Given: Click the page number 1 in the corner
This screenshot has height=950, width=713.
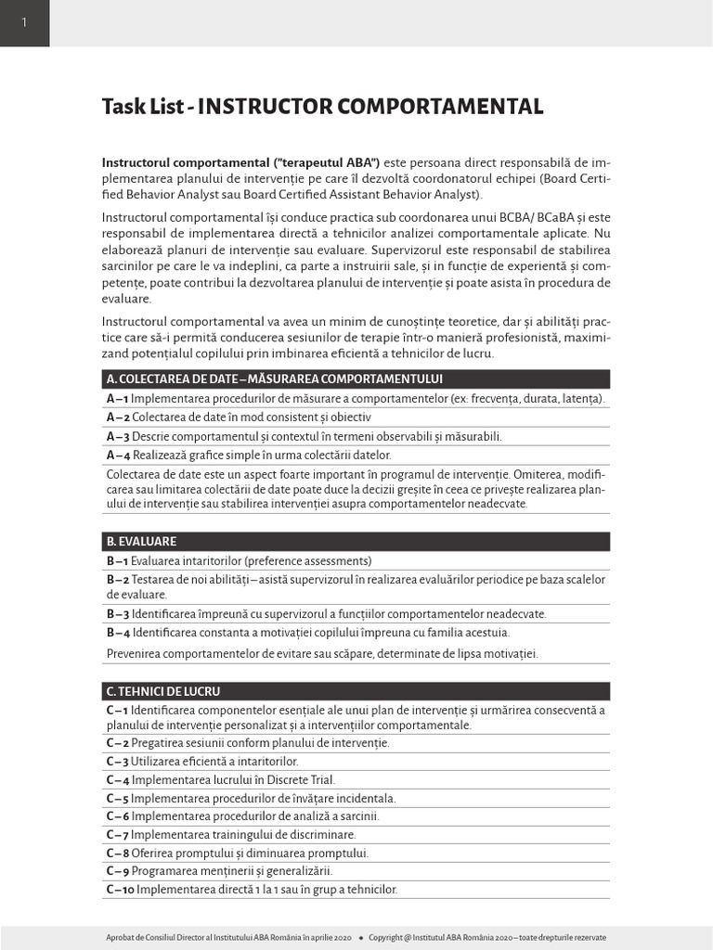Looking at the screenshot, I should (24, 23).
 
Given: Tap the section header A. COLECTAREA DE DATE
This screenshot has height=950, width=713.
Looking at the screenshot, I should (274, 379).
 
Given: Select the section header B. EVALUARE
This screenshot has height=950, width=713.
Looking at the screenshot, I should (141, 541).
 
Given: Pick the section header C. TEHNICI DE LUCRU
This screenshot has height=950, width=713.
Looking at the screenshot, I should (163, 691).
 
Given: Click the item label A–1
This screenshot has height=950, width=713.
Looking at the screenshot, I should (117, 398).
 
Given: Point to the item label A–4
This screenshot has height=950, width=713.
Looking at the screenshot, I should (118, 455).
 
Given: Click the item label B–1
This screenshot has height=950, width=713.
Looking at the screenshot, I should (117, 560).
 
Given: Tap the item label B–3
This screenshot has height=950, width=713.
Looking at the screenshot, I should (118, 613).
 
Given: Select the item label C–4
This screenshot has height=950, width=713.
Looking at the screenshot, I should (118, 779).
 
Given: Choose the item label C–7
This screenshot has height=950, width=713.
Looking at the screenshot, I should (117, 834).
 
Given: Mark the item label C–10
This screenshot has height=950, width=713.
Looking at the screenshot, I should (121, 889).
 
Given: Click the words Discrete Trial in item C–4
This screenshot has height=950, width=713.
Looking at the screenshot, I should (299, 779).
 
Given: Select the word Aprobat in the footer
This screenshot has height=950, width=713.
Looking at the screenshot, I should (121, 937).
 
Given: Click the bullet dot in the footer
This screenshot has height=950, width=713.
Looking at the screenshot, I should (360, 937).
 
